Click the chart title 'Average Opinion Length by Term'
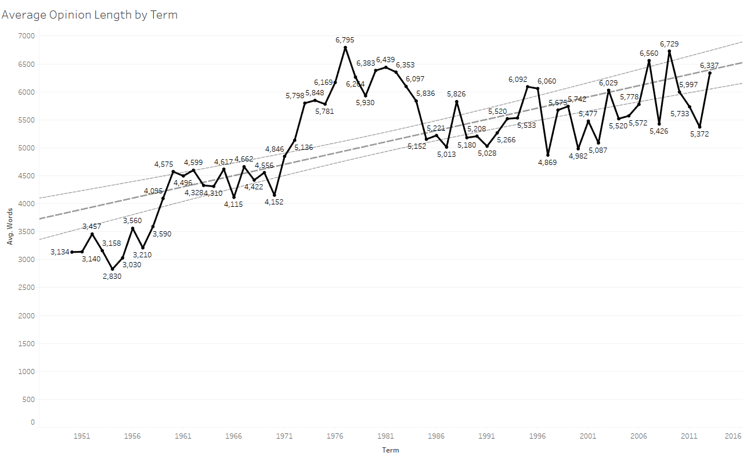pyautogui.click(x=89, y=15)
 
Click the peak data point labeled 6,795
pyautogui.click(x=345, y=47)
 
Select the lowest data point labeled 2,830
pyautogui.click(x=112, y=269)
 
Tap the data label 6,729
pyautogui.click(x=669, y=44)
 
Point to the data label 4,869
pyautogui.click(x=547, y=162)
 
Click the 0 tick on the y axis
pyautogui.click(x=33, y=422)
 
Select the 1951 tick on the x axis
pyautogui.click(x=82, y=436)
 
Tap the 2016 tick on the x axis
pyautogui.click(x=733, y=436)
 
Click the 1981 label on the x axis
pyautogui.click(x=385, y=436)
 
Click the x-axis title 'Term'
pyautogui.click(x=390, y=450)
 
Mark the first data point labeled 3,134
pyautogui.click(x=72, y=252)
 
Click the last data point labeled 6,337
pyautogui.click(x=710, y=73)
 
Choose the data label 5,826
pyautogui.click(x=456, y=94)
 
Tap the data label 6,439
pyautogui.click(x=385, y=59)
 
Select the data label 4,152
pyautogui.click(x=274, y=202)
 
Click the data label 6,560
pyautogui.click(x=649, y=53)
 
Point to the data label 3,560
pyautogui.click(x=132, y=220)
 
